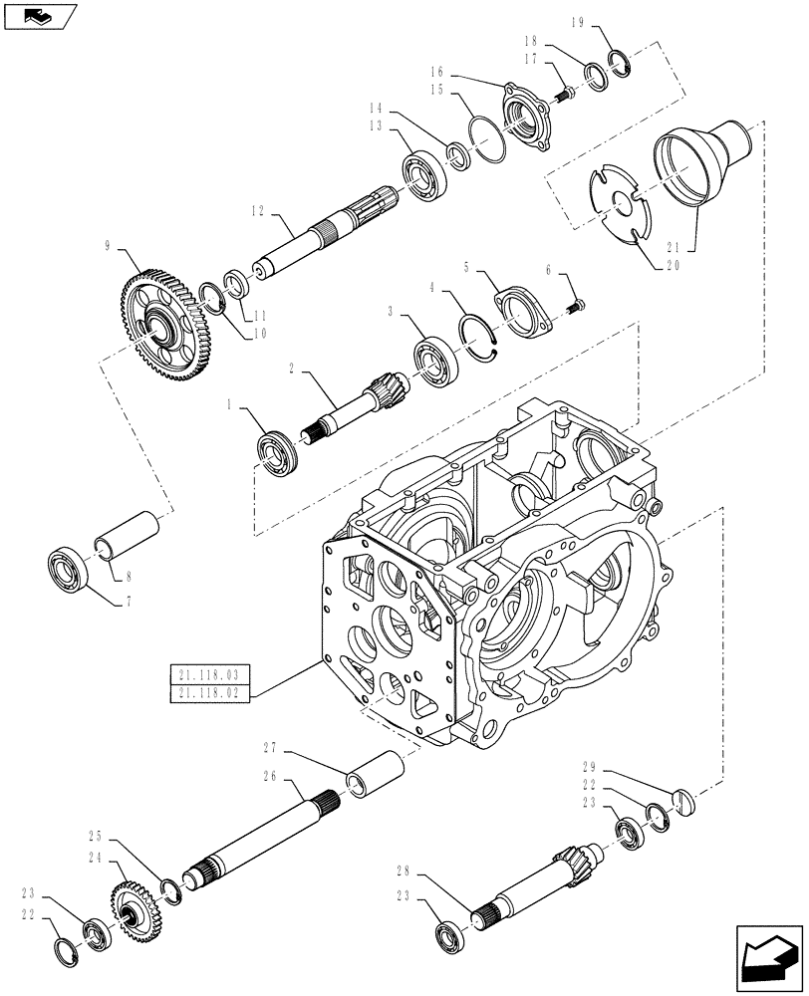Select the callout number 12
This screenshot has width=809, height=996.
click(256, 210)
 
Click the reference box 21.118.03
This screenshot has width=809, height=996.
click(210, 676)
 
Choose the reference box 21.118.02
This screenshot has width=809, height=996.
click(210, 693)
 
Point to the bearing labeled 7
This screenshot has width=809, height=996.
click(70, 570)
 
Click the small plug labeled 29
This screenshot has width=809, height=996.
click(680, 801)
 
